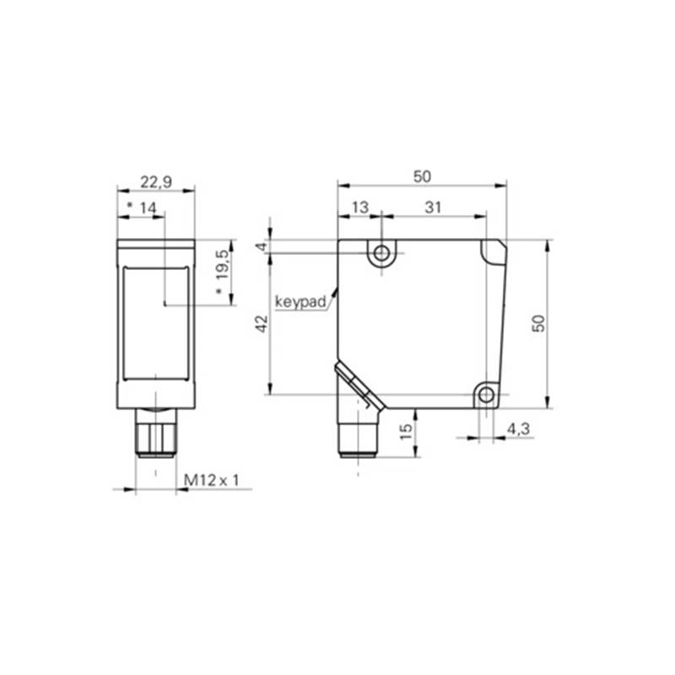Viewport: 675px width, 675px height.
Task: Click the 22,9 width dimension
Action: [x=156, y=182]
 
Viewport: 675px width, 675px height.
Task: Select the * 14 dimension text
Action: [x=142, y=208]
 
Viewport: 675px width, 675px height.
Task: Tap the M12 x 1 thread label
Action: [x=211, y=480]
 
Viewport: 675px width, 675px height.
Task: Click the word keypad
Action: [x=300, y=302]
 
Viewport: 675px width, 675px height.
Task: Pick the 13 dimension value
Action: [x=360, y=208]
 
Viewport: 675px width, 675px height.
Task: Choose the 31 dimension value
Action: [x=433, y=208]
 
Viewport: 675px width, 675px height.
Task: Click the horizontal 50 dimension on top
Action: [x=422, y=176]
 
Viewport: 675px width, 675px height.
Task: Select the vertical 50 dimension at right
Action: [x=538, y=324]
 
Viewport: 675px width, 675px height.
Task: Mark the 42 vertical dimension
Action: [x=262, y=324]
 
